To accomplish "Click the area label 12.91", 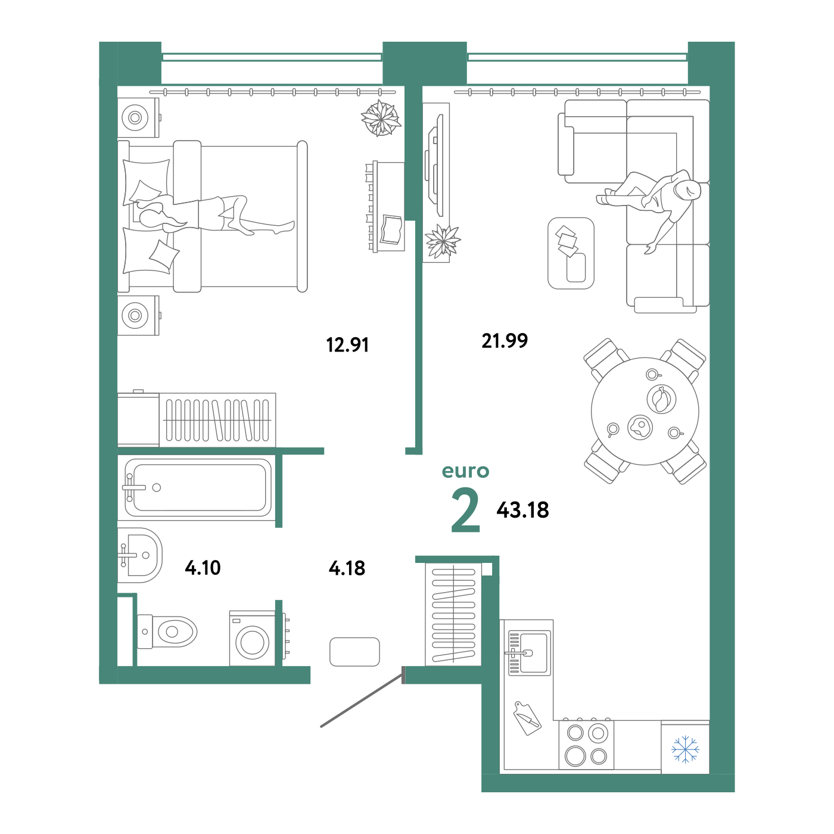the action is pyautogui.click(x=347, y=345).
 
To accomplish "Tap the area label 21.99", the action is pyautogui.click(x=505, y=341).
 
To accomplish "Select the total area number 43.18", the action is pyautogui.click(x=522, y=510).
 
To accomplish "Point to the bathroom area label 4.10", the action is pyautogui.click(x=203, y=568).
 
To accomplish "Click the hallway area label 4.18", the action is pyautogui.click(x=347, y=568).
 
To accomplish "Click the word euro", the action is pyautogui.click(x=465, y=471).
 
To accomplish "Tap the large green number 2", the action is pyautogui.click(x=465, y=510).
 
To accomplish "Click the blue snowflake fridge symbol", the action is pyautogui.click(x=685, y=749).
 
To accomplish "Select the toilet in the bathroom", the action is pyautogui.click(x=167, y=632).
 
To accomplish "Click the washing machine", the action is pyautogui.click(x=253, y=639).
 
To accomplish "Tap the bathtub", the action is pyautogui.click(x=198, y=487).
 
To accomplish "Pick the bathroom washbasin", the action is pyautogui.click(x=140, y=555).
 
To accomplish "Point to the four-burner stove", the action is pyautogui.click(x=586, y=745).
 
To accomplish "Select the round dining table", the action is pyautogui.click(x=645, y=411).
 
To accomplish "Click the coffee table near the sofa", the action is pyautogui.click(x=571, y=253).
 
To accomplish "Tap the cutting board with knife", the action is pyautogui.click(x=527, y=718).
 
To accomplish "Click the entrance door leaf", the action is pyautogui.click(x=362, y=703).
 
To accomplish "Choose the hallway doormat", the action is pyautogui.click(x=354, y=652).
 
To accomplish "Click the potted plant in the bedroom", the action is pyautogui.click(x=381, y=118).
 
